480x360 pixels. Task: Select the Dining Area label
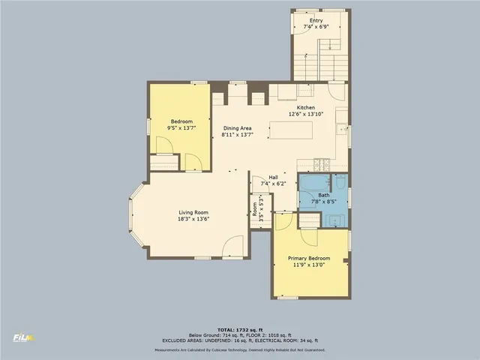(x=236, y=128)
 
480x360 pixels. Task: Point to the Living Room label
(x=193, y=212)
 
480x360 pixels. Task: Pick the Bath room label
(x=322, y=195)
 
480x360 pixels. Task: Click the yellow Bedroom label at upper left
(x=181, y=121)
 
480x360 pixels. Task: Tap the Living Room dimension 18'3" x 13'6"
(x=193, y=219)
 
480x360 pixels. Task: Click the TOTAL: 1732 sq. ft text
(x=240, y=330)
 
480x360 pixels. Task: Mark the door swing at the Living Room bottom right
(x=233, y=247)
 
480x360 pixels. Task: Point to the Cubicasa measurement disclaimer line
(x=240, y=349)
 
